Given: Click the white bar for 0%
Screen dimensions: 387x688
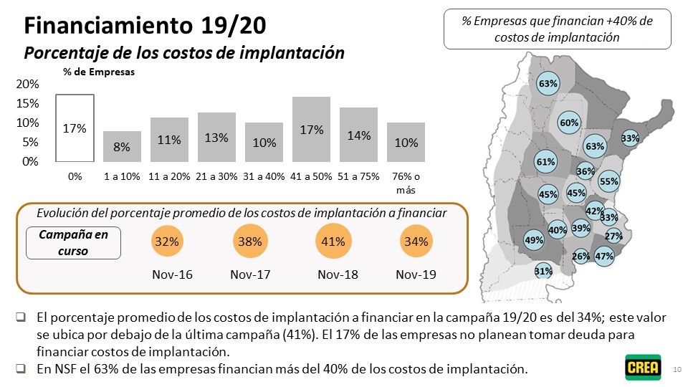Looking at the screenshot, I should [75, 128].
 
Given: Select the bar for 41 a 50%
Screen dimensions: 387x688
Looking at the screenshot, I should [312, 130].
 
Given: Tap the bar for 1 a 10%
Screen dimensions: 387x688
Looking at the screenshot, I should [122, 146].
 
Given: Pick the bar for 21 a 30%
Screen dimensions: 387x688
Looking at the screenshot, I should [216, 137].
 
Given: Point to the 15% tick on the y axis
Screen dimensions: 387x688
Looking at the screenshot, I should [28, 103].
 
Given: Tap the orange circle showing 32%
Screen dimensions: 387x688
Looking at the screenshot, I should [167, 242].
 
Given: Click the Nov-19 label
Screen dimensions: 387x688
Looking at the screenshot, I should [416, 274].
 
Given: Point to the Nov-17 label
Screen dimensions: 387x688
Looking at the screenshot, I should [250, 274].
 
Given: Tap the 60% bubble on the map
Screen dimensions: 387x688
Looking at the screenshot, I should [569, 123].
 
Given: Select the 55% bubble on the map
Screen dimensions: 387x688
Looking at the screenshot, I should [608, 181].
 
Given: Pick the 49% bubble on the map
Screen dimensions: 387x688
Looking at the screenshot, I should [534, 240].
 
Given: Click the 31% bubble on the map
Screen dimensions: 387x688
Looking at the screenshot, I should [543, 271].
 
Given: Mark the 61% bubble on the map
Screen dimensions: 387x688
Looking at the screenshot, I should [546, 162].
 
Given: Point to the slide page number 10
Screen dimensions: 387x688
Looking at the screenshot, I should [677, 369].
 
